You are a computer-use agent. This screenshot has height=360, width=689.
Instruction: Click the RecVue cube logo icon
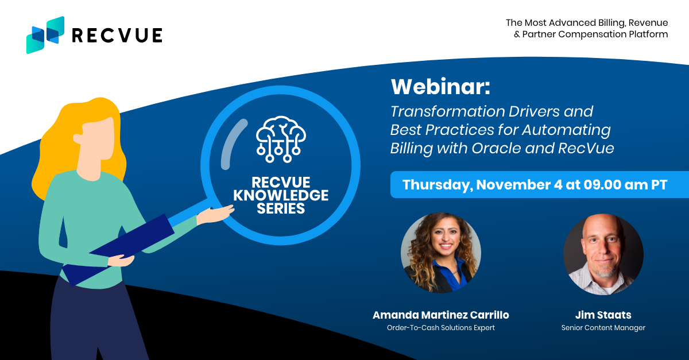[x=45, y=35]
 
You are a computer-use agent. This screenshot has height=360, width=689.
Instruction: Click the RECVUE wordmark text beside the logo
[x=117, y=35]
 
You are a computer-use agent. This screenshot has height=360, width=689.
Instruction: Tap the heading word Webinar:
[x=440, y=87]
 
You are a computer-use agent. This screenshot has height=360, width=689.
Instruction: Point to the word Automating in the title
[x=567, y=130]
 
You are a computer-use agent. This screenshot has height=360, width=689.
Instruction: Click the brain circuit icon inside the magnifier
[x=281, y=139]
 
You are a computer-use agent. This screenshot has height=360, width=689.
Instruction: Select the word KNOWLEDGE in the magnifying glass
[x=281, y=195]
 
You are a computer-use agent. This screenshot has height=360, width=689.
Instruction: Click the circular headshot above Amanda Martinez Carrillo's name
[x=441, y=253]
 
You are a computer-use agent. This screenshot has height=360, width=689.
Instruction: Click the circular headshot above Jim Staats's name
[x=603, y=254]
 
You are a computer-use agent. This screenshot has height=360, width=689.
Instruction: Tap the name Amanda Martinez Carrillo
[x=441, y=315]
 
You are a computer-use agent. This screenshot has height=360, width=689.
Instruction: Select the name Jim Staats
[x=603, y=315]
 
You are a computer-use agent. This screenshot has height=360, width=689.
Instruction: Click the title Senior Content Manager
[x=603, y=328]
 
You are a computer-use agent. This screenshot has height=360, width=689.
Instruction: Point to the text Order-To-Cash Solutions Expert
[x=441, y=328]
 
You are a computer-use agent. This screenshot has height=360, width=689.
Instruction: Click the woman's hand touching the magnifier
[x=215, y=214]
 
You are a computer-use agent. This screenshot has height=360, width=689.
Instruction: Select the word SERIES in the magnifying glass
[x=281, y=208]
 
